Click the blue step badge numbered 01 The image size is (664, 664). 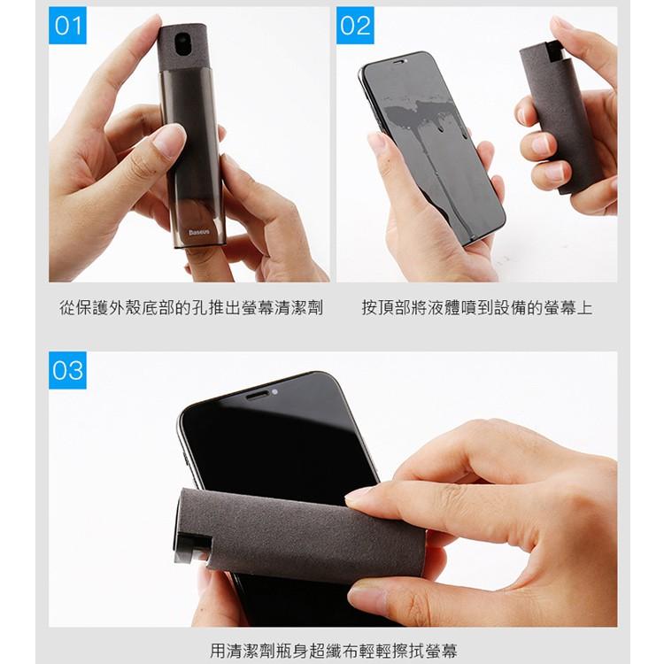(67, 25)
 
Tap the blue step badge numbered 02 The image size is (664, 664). (356, 25)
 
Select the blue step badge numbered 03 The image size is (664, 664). (67, 369)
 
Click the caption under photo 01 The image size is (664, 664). (190, 308)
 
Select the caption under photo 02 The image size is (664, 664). (476, 308)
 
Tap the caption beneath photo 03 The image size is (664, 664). (334, 651)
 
